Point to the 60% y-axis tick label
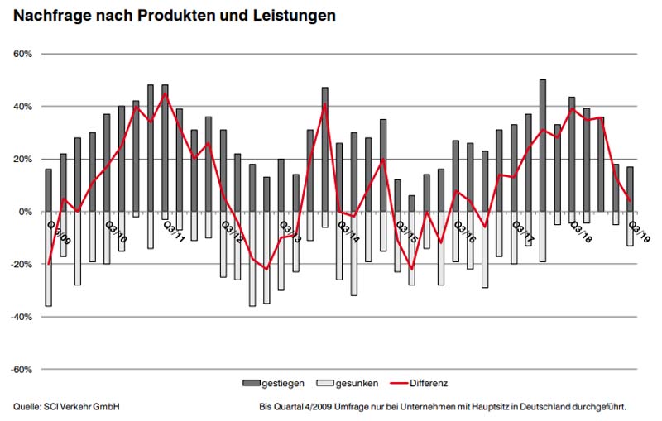tap(22, 54)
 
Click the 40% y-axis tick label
tap(22, 107)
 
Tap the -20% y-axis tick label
tap(20, 265)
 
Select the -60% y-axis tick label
tap(20, 370)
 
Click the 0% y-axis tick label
tap(24, 212)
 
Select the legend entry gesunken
tap(358, 384)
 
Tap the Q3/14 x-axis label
tap(348, 230)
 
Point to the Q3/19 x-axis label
tap(640, 230)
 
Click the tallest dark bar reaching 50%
tap(543, 146)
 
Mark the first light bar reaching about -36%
tap(48, 259)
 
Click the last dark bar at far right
tap(630, 189)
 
